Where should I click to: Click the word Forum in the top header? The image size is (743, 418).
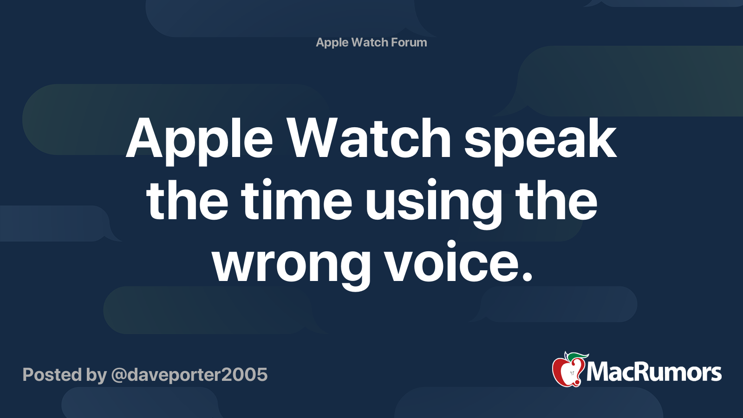(x=409, y=42)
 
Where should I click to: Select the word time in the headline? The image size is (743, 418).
(x=296, y=200)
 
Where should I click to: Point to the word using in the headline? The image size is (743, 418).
(x=434, y=204)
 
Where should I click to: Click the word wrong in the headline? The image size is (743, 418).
(x=291, y=265)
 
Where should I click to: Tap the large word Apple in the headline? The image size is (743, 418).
(x=199, y=141)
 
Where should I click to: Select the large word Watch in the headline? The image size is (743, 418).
(x=369, y=137)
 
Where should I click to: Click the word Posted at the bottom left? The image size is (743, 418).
(x=52, y=374)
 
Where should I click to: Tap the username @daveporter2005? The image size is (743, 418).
(x=189, y=375)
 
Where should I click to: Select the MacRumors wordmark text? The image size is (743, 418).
(x=654, y=372)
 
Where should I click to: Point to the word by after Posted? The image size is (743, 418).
(x=97, y=375)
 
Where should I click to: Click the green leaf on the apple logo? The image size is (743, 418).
(x=578, y=357)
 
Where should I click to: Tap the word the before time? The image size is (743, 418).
(x=187, y=200)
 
